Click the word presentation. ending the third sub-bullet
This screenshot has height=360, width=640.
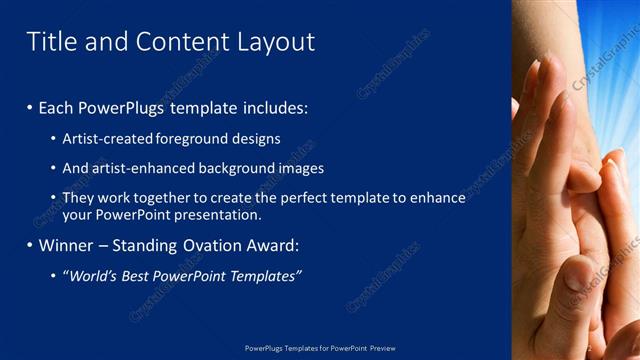click(x=218, y=214)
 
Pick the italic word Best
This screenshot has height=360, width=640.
click(x=148, y=276)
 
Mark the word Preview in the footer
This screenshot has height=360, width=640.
click(x=383, y=348)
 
